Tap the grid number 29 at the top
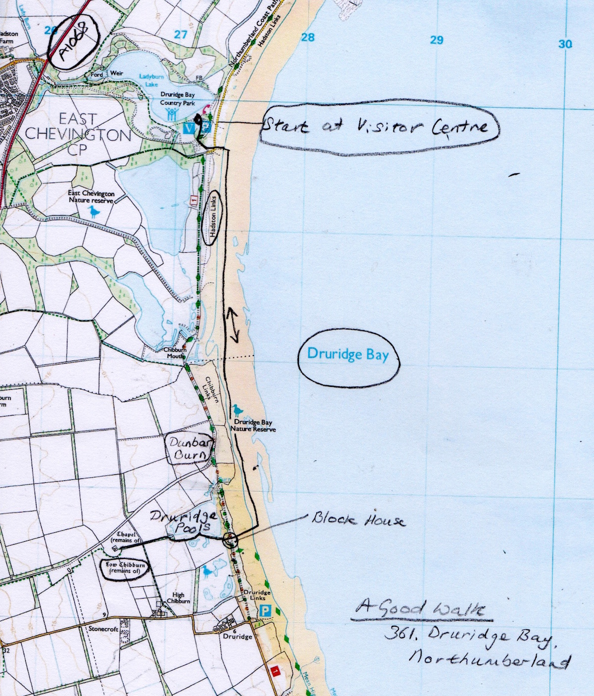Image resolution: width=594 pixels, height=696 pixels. [436, 40]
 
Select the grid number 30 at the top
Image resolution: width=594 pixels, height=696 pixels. [566, 44]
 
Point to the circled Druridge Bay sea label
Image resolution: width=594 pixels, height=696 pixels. [348, 355]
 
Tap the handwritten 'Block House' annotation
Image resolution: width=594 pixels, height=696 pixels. [358, 520]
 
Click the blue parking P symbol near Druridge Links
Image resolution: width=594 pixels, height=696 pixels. [266, 611]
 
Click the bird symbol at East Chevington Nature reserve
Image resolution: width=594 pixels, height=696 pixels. [93, 212]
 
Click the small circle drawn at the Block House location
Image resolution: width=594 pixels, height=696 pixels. [230, 540]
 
